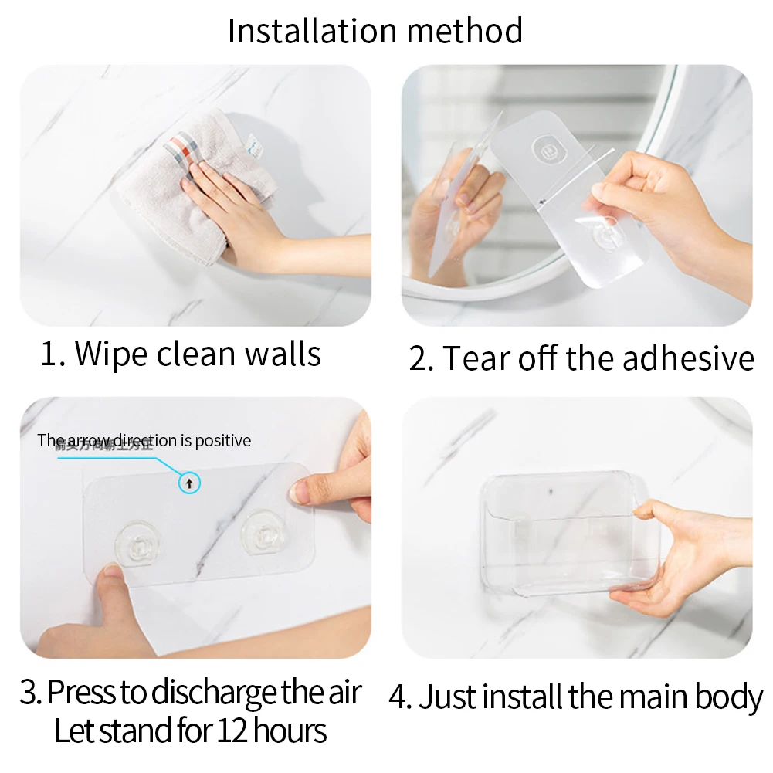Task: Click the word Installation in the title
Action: pos(312,31)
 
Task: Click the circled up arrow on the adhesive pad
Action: pos(190,484)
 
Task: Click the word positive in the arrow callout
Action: pos(223,441)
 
